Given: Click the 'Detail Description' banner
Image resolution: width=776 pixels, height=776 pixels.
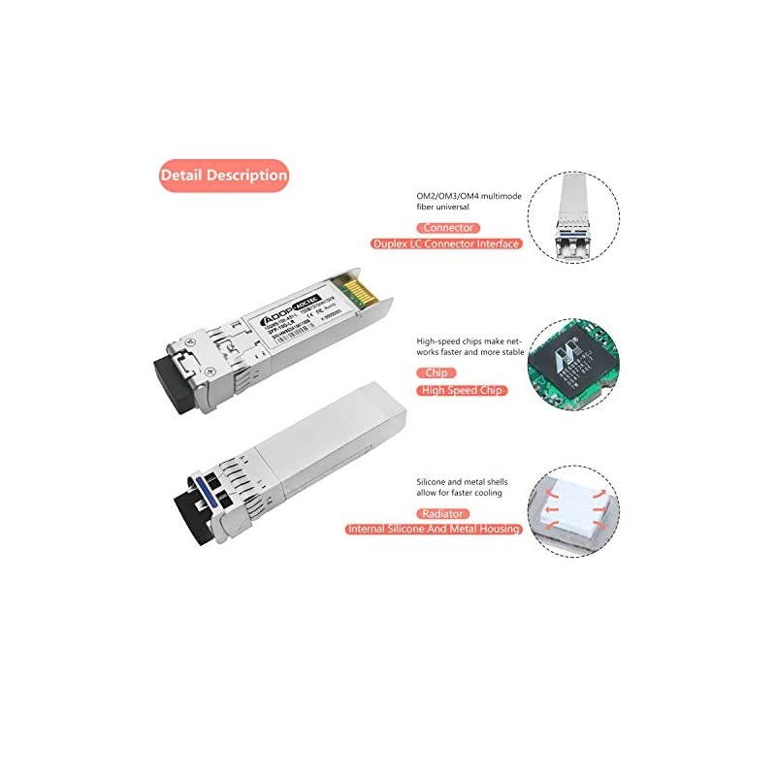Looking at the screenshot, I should click(224, 176).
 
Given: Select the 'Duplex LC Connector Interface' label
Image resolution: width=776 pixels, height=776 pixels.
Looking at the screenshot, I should click(445, 244).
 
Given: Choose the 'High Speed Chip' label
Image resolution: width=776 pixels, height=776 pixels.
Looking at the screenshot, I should click(463, 390).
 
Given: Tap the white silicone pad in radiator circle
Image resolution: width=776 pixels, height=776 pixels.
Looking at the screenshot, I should click(573, 510).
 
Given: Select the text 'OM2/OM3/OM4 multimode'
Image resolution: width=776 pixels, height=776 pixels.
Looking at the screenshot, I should click(468, 197).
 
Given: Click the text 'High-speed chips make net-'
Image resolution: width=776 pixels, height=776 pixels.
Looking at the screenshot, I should click(469, 341).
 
